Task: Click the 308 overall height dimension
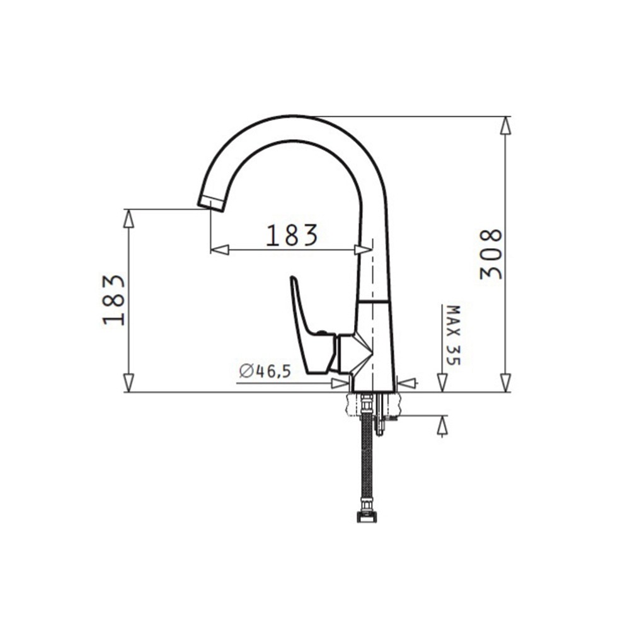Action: click(491, 254)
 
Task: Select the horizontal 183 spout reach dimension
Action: click(292, 235)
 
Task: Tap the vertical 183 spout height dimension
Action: click(114, 300)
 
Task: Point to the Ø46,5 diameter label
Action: click(265, 370)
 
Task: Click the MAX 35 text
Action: click(454, 336)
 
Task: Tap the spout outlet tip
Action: click(210, 203)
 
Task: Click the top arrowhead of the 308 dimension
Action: click(505, 126)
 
